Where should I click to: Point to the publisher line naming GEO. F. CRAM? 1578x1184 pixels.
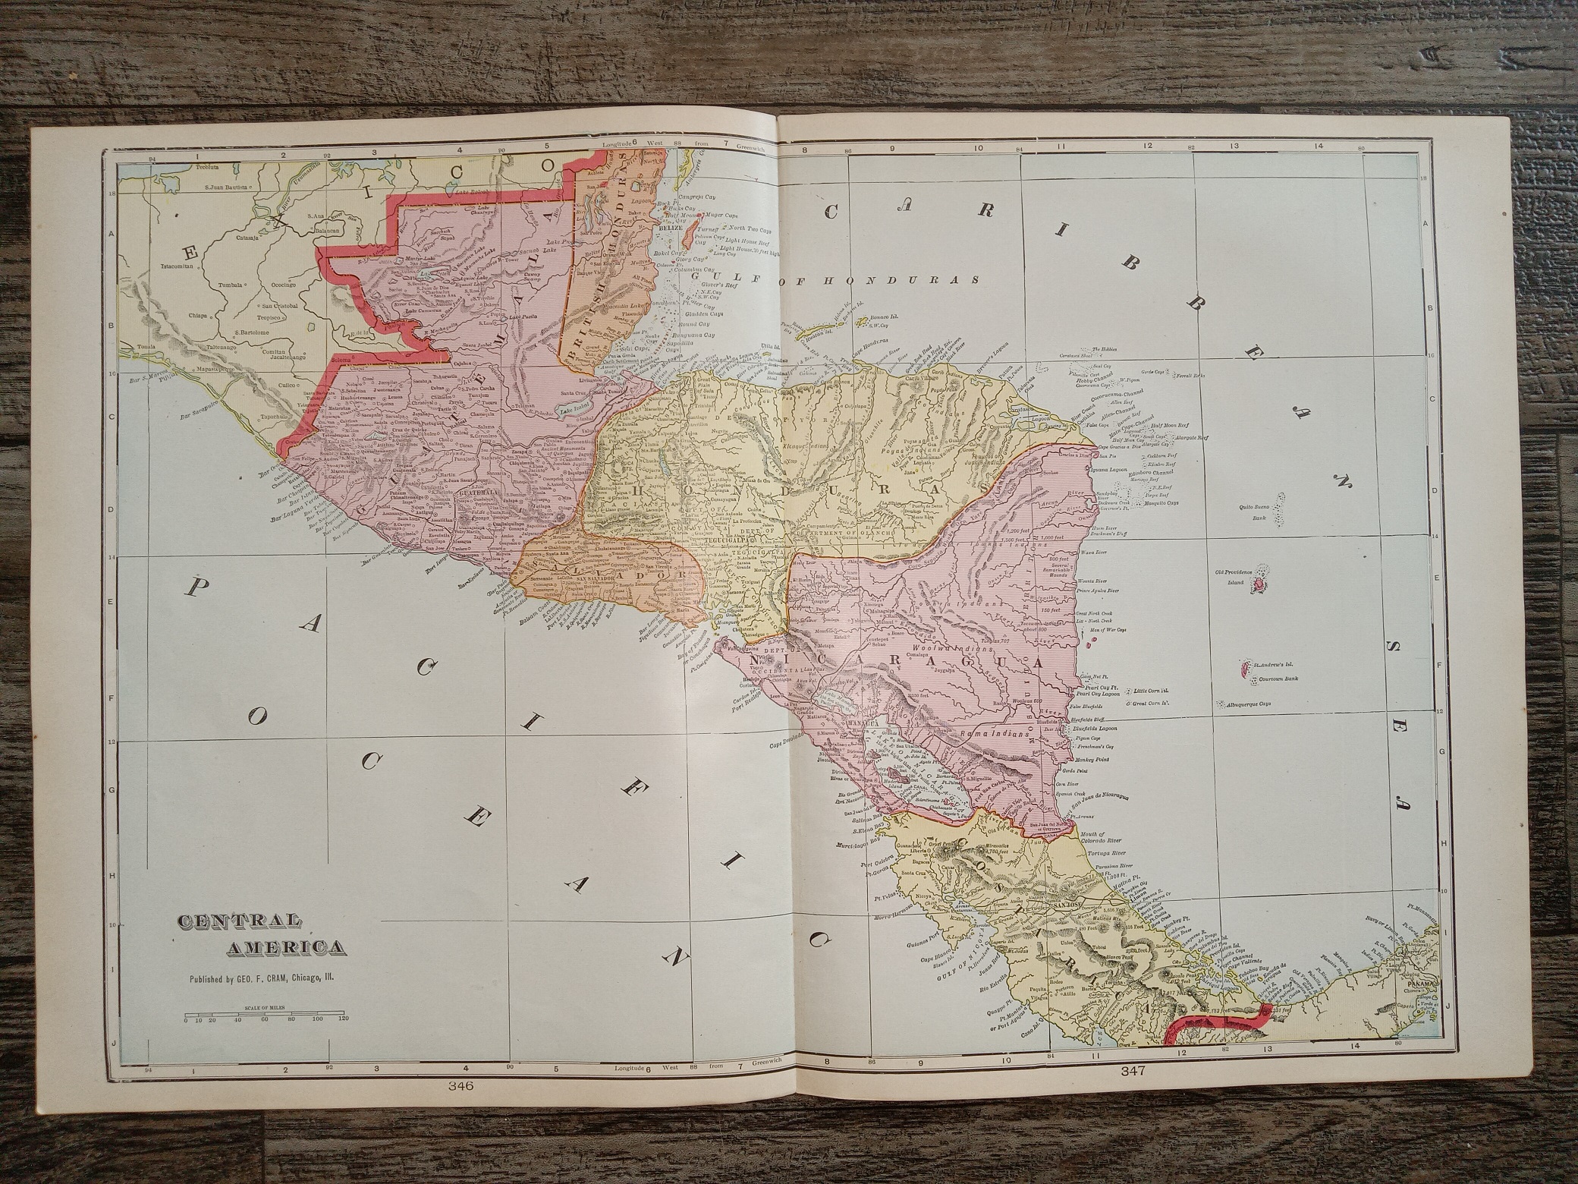262,978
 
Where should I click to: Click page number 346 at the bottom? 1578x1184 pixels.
461,1087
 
